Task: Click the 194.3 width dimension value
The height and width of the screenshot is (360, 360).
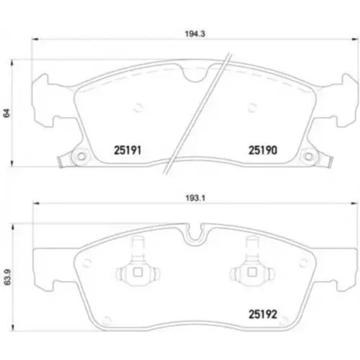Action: pos(195,34)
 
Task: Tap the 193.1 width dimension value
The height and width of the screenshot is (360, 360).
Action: pos(195,198)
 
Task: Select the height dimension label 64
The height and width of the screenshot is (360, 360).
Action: pos(7,113)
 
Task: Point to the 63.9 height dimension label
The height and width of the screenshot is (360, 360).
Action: pos(8,277)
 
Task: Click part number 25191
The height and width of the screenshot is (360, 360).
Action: pos(127,151)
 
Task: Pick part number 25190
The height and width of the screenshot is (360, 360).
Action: pos(263,151)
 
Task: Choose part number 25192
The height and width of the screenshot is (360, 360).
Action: pos(263,314)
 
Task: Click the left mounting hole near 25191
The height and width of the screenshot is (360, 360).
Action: pos(81,157)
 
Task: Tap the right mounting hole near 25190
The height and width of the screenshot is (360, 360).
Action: pos(308,157)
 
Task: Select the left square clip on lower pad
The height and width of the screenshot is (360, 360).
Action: pos(137,272)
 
